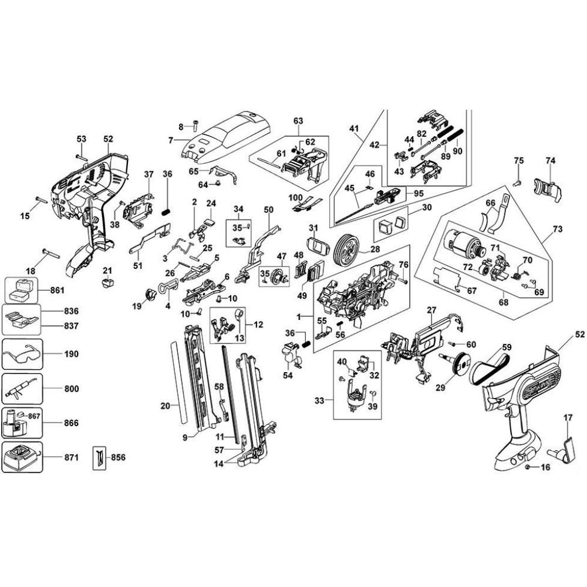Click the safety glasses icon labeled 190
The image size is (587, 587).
[x=21, y=355]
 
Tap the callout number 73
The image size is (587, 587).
[x=558, y=227]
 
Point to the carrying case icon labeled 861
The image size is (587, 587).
[x=21, y=289]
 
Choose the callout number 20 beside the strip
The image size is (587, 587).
[x=165, y=405]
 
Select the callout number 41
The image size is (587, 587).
[x=369, y=127]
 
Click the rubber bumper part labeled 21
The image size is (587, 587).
[x=106, y=283]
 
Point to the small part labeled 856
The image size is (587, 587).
[x=99, y=457]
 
